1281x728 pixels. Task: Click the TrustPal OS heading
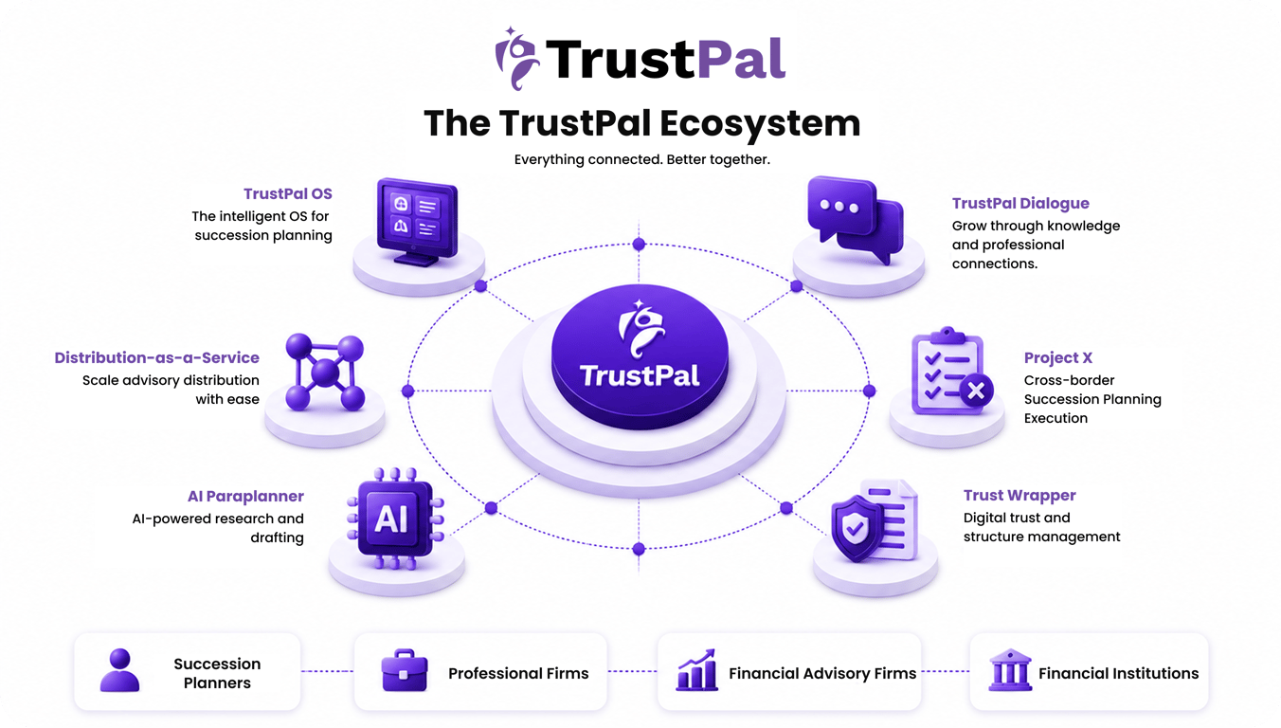288,194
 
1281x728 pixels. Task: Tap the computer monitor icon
417,222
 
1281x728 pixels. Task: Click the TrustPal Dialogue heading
1020,203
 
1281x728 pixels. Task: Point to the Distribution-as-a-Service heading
156,357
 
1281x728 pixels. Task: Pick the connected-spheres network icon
325,372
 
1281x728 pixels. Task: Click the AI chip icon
395,519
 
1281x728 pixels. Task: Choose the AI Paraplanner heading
246,496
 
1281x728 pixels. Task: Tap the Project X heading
1058,357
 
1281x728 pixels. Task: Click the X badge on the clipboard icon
976,391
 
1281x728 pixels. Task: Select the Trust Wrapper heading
1019,495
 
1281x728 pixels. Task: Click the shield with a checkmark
856,528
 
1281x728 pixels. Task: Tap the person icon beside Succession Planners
119,670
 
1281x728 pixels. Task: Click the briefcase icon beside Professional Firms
405,670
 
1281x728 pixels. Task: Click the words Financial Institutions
1119,673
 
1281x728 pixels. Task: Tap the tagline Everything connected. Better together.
641,159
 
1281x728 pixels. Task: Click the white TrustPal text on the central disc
640,376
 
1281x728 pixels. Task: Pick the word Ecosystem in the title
760,123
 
